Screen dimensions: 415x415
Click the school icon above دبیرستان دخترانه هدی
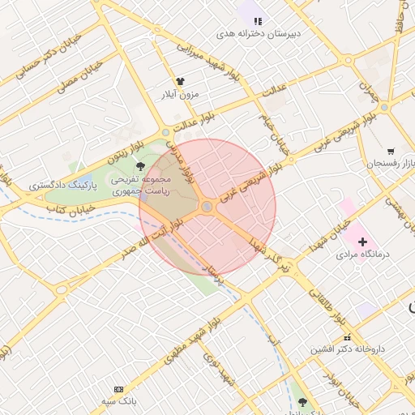pos(258,21)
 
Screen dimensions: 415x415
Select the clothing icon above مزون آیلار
pos(181,82)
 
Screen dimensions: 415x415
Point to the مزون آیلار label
pos(182,95)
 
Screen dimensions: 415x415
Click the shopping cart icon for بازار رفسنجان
pos(391,151)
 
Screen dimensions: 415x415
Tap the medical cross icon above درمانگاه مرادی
pos(362,241)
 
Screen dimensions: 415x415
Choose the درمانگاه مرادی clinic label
pos(363,255)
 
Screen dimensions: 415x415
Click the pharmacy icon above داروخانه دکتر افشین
pos(347,337)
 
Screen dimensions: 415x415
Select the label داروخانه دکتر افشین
pos(346,350)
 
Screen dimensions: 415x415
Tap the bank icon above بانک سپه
pos(120,389)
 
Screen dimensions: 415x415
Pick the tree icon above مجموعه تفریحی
pos(142,166)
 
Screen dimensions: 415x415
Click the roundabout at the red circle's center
pos(207,207)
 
